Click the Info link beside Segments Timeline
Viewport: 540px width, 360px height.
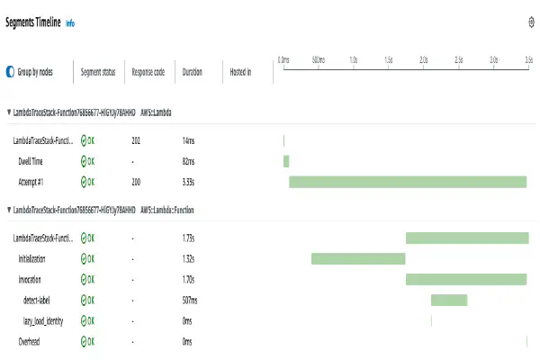70,22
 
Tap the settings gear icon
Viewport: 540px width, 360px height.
531,22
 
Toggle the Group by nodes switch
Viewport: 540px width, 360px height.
10,71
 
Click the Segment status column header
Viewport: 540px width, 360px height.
98,71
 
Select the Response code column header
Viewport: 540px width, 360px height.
148,71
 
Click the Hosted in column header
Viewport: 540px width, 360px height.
240,71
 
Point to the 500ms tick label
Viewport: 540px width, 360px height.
318,59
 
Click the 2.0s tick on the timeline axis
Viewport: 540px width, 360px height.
423,59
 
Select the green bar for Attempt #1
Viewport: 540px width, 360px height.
407,182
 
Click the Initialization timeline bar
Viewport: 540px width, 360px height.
358,258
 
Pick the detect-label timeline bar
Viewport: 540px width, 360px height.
449,300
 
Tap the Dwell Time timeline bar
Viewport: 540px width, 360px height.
286,161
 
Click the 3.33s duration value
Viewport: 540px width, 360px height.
189,182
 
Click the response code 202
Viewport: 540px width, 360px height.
136,140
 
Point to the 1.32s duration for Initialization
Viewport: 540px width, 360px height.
189,258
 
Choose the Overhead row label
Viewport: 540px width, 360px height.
30,341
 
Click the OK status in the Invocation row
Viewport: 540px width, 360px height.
87,279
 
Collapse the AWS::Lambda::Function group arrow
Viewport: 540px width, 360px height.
9,210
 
